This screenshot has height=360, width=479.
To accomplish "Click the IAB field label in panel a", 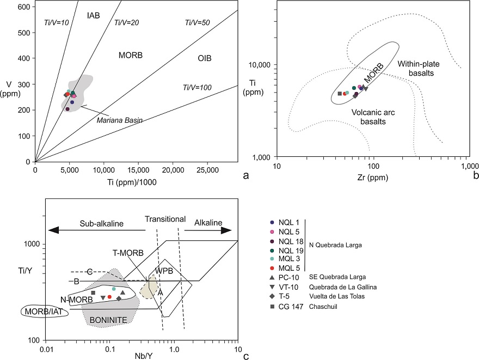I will (94, 16).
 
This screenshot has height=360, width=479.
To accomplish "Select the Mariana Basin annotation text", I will (119, 120).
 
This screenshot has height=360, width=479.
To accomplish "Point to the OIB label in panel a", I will (205, 58).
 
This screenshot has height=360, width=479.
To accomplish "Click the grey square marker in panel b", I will (340, 94).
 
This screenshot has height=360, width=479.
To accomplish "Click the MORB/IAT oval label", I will (40, 312).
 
